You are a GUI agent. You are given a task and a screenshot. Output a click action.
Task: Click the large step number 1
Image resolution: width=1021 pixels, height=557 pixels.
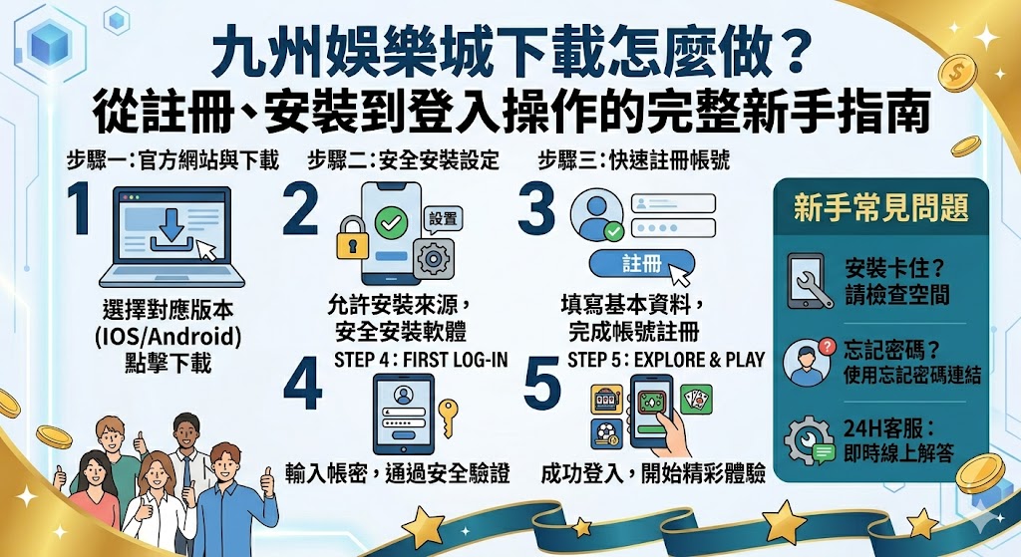pyautogui.click(x=83, y=208)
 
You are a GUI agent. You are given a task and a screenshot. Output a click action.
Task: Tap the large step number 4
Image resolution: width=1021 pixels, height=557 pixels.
pyautogui.click(x=302, y=385)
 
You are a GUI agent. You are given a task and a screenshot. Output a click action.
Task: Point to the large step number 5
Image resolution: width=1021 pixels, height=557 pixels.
pyautogui.click(x=542, y=385)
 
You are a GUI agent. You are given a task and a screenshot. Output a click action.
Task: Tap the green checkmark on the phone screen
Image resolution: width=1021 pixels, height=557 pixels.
pyautogui.click(x=382, y=222)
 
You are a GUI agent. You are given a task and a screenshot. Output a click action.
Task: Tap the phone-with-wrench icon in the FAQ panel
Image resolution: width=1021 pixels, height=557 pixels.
pyautogui.click(x=809, y=280)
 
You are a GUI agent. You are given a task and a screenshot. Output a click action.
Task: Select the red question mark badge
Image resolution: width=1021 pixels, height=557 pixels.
pyautogui.click(x=824, y=345)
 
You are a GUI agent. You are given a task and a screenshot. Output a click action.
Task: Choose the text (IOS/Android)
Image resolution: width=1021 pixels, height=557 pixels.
pyautogui.click(x=169, y=336)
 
